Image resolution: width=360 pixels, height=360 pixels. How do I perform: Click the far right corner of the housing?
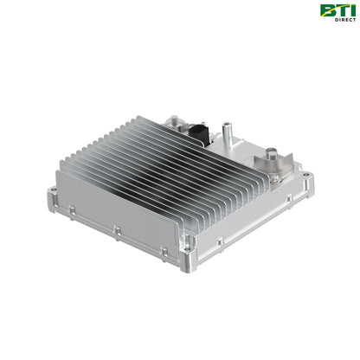point(309,180)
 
